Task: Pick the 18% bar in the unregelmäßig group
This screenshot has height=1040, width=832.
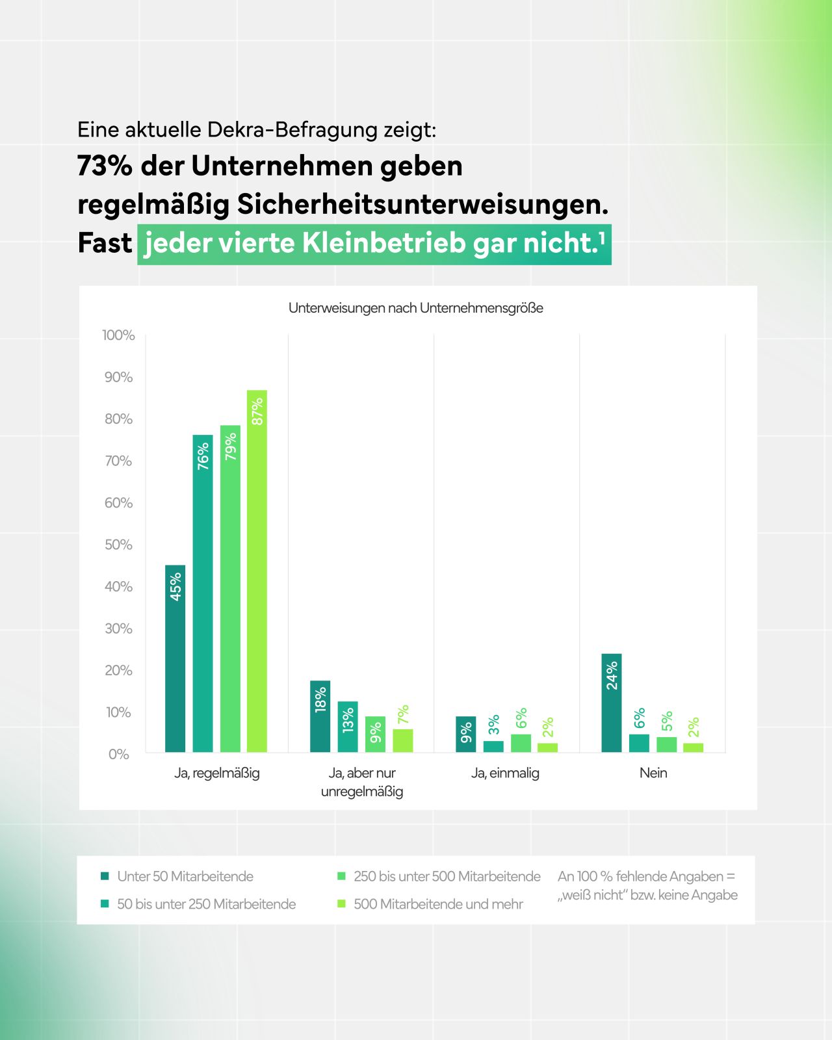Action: point(320,716)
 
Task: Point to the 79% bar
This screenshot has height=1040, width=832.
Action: point(230,588)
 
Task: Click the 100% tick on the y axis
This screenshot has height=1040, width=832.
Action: point(118,335)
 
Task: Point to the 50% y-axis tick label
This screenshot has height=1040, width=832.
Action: point(118,545)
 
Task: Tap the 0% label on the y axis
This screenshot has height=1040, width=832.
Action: point(118,755)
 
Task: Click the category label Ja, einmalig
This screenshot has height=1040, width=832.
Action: point(505,773)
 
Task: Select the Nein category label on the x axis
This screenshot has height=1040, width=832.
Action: point(653,773)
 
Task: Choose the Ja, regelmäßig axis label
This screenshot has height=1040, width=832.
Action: point(216,773)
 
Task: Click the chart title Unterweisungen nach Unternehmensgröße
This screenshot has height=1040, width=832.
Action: point(415,308)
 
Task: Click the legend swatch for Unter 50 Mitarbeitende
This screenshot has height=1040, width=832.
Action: point(105,876)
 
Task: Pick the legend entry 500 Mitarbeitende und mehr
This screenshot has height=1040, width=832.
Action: point(438,904)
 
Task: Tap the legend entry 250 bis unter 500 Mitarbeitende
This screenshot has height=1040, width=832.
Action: point(447,876)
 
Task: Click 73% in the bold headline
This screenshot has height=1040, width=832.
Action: point(105,166)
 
